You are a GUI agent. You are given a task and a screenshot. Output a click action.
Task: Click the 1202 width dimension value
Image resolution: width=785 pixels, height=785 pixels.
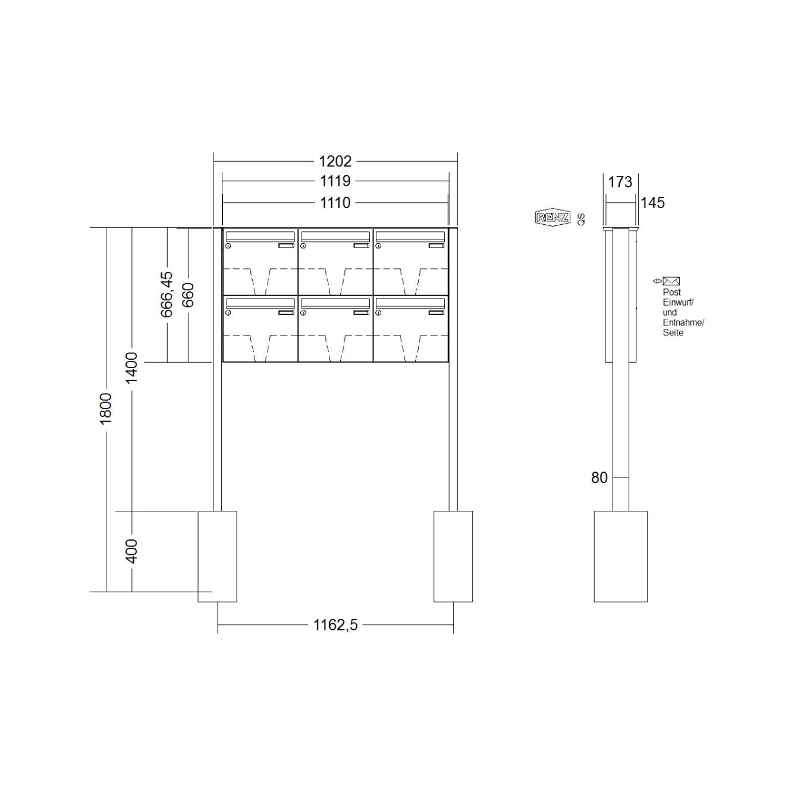click(x=335, y=161)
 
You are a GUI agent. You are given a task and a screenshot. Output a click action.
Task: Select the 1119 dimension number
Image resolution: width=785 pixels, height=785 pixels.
click(x=335, y=181)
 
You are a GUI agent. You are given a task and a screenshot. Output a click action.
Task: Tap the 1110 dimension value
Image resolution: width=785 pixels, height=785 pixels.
click(x=335, y=203)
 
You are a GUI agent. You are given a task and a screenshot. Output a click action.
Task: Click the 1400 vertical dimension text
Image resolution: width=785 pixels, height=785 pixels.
click(x=131, y=368)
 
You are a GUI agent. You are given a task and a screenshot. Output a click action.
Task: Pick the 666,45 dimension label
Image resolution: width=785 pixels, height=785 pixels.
click(x=167, y=294)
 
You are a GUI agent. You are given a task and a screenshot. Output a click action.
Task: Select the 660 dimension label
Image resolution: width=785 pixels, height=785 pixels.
click(x=188, y=295)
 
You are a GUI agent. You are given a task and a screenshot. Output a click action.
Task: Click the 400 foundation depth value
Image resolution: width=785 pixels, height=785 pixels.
click(x=131, y=551)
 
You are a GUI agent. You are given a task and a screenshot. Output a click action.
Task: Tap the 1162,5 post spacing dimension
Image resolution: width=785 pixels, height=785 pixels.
click(x=335, y=625)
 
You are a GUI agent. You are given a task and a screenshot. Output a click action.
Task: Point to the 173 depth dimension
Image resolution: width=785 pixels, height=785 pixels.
click(x=620, y=182)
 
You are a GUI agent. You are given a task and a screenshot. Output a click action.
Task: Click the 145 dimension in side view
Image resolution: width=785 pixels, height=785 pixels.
click(x=652, y=203)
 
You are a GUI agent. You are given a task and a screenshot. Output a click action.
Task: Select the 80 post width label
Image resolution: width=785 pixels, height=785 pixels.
click(x=599, y=478)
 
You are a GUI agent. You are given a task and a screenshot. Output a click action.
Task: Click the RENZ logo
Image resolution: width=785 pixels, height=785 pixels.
click(x=552, y=218)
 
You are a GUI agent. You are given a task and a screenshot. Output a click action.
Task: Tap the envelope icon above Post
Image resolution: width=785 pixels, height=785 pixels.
click(x=671, y=281)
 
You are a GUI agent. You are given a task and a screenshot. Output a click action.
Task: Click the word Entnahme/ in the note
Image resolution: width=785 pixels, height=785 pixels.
click(x=683, y=322)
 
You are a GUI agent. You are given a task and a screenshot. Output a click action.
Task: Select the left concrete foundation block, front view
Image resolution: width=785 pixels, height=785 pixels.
click(x=217, y=556)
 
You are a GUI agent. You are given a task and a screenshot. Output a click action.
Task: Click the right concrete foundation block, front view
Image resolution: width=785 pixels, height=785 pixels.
click(x=453, y=556)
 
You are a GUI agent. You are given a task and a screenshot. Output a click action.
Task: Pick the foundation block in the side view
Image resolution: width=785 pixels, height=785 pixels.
click(x=620, y=556)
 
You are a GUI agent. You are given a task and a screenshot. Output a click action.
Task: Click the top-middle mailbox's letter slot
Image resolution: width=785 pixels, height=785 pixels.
click(x=335, y=236)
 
